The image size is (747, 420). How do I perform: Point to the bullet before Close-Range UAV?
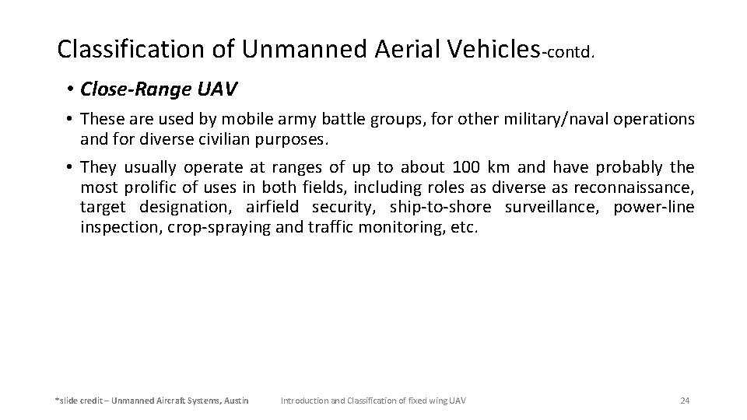(x=69, y=90)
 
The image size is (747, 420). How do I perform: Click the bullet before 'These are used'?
(x=69, y=119)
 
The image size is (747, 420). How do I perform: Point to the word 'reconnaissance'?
(x=633, y=187)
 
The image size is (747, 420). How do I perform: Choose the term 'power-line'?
(x=653, y=208)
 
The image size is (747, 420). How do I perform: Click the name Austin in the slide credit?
(x=236, y=401)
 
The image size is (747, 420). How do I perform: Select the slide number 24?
(x=685, y=401)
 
